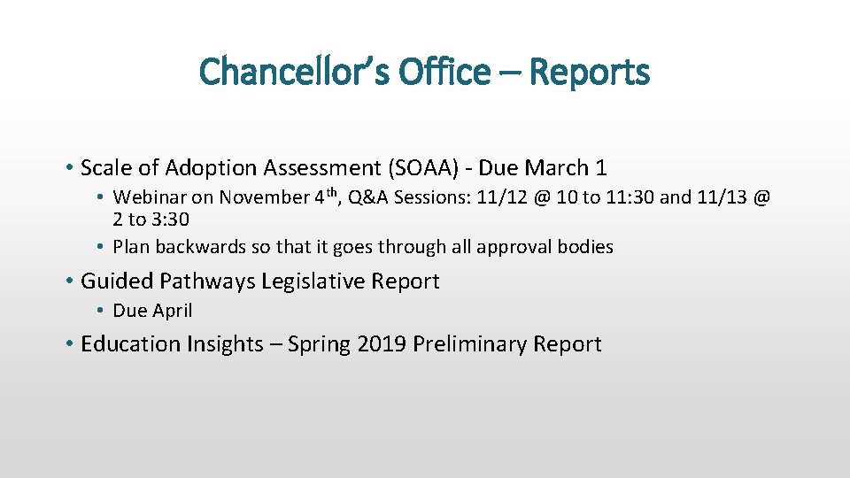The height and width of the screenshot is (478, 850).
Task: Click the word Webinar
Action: click(x=151, y=197)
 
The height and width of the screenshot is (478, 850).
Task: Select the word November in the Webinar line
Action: click(x=264, y=197)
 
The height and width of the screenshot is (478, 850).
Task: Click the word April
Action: click(x=172, y=311)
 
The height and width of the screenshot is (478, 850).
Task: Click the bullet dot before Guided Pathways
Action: click(x=69, y=282)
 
